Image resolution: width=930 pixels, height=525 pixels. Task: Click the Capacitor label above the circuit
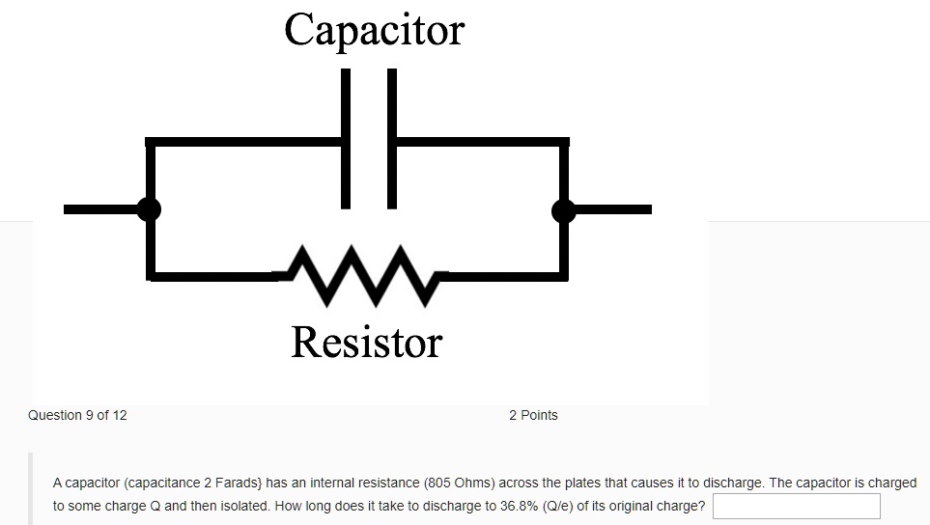click(374, 29)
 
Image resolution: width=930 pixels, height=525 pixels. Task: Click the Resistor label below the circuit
click(366, 342)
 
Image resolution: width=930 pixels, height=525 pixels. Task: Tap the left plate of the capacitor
click(345, 138)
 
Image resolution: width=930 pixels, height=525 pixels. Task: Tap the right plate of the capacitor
click(391, 138)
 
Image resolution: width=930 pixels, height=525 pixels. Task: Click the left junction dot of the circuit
click(148, 208)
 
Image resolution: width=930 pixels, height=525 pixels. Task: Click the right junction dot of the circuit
click(564, 209)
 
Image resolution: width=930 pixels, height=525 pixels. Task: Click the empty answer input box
click(796, 506)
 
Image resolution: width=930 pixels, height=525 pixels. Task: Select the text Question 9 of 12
click(77, 415)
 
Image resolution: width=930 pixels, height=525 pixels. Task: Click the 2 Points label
click(533, 415)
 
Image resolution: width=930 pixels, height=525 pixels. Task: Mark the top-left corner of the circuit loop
click(150, 143)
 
